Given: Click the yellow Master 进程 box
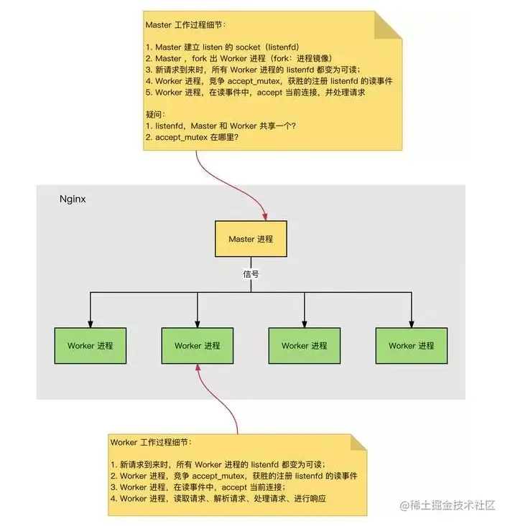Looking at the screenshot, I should coord(251,239).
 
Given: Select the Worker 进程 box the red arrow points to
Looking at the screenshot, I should coord(197,345).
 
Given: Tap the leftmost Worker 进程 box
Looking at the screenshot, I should coord(91,345).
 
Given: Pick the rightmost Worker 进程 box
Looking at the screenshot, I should coord(411,345).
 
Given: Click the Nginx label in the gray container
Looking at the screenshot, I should coord(73,199).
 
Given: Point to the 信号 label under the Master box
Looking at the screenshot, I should coord(251,273).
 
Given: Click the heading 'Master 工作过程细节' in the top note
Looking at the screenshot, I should coord(185,24).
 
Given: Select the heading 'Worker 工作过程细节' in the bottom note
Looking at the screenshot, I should coord(151,443).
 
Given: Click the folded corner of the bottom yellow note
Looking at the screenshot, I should coord(358,443).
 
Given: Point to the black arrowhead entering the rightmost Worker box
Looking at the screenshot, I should coord(411,323).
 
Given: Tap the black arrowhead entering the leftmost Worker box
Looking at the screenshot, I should coord(91,323).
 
